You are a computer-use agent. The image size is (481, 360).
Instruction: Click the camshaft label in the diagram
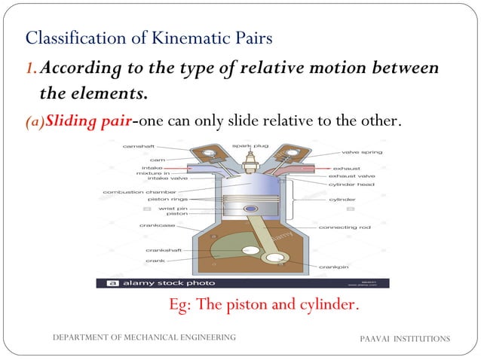tap(139, 148)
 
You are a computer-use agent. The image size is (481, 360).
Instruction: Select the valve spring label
tap(362, 153)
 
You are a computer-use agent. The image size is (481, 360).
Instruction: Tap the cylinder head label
tap(351, 184)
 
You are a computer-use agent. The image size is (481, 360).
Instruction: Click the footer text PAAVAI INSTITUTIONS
tap(406, 339)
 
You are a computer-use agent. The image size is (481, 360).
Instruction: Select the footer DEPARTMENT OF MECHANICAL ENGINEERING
tap(143, 337)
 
